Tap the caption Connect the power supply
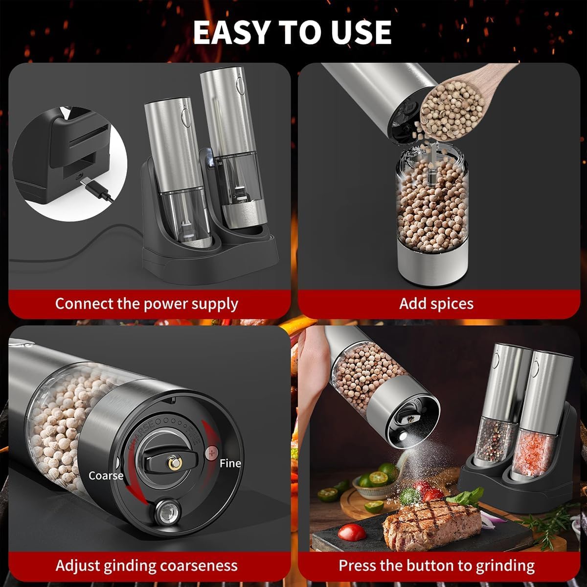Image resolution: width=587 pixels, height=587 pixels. click(x=146, y=303)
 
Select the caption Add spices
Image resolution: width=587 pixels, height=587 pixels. click(x=436, y=303)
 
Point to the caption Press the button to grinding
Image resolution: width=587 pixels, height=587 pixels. click(x=436, y=565)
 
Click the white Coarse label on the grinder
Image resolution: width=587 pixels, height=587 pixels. click(x=106, y=475)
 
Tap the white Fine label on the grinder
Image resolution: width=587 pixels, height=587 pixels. click(x=230, y=463)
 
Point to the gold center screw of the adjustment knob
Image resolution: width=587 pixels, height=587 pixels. click(x=174, y=463)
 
